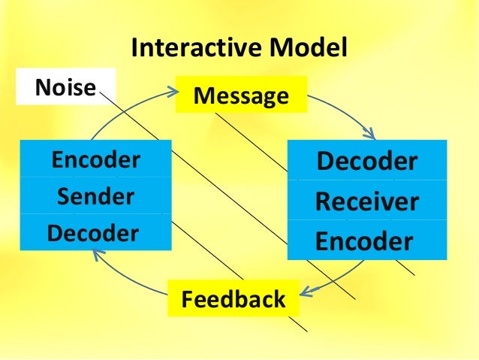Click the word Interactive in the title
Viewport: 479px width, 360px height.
pos(191,49)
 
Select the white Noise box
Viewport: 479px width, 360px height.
pos(65,88)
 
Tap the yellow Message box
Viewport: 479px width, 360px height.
pos(241,96)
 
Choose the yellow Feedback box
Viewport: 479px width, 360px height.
pos(233,299)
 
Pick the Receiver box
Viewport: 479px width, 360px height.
pos(366,201)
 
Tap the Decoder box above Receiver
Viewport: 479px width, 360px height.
pos(366,161)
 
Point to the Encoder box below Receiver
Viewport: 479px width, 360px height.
pos(366,241)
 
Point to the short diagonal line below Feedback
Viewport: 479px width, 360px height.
pos(299,324)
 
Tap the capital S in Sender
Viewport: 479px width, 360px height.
pos(64,197)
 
